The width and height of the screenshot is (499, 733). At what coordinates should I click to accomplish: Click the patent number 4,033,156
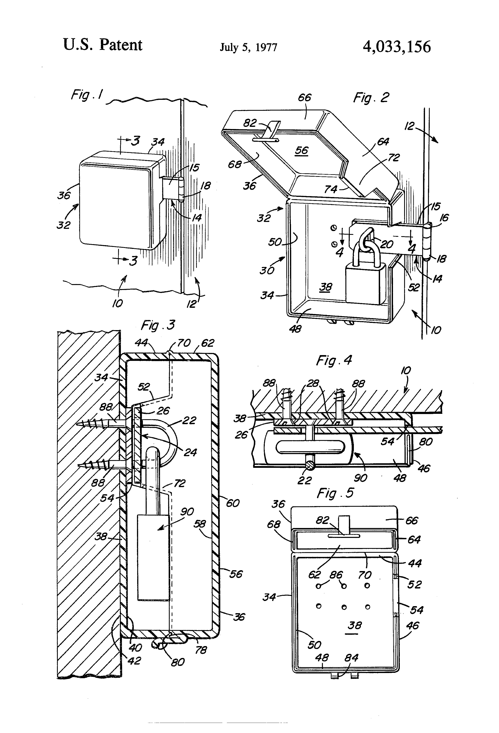tap(396, 47)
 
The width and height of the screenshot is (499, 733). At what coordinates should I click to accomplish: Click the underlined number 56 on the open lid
tap(302, 151)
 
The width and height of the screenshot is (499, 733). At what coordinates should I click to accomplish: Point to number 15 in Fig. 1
tap(194, 167)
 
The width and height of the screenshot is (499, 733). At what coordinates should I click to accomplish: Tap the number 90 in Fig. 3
tap(187, 512)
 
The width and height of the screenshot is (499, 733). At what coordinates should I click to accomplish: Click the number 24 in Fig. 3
tap(190, 453)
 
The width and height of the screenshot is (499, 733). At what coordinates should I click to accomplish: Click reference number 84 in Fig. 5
tap(351, 658)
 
